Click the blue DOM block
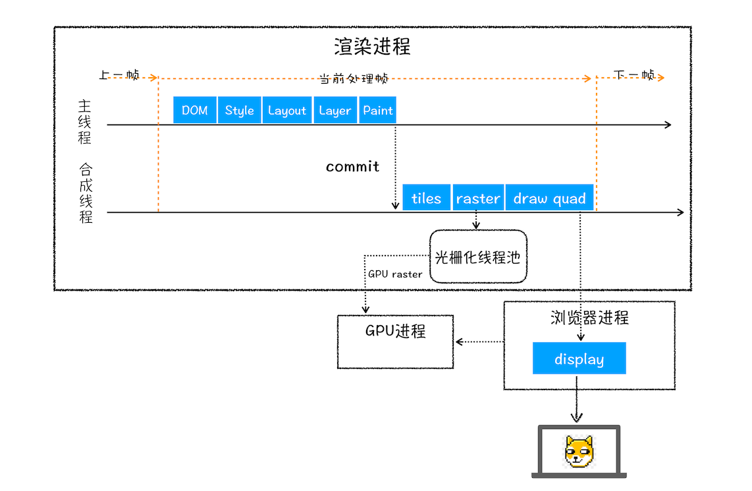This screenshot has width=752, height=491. click(195, 110)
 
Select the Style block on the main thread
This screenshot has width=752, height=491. click(239, 110)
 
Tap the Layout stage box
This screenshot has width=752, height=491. click(287, 110)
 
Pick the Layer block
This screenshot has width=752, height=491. click(335, 110)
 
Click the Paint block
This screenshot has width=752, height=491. click(378, 110)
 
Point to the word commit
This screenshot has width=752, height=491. click(352, 167)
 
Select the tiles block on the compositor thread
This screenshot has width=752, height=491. click(426, 198)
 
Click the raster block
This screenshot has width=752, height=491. click(478, 198)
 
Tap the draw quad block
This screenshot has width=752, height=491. click(549, 198)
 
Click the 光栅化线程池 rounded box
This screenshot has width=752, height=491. click(478, 257)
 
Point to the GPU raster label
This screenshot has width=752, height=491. click(395, 274)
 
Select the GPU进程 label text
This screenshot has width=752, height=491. click(395, 331)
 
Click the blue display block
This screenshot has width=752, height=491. click(579, 359)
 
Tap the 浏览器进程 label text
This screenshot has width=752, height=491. click(589, 318)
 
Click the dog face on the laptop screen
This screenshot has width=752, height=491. click(579, 451)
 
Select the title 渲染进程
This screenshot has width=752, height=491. click(372, 47)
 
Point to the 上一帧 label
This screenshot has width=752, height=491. click(119, 75)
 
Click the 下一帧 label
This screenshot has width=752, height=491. click(634, 75)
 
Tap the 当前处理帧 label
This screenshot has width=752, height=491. click(354, 78)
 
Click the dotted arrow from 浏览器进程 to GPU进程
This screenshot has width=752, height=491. click(479, 341)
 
